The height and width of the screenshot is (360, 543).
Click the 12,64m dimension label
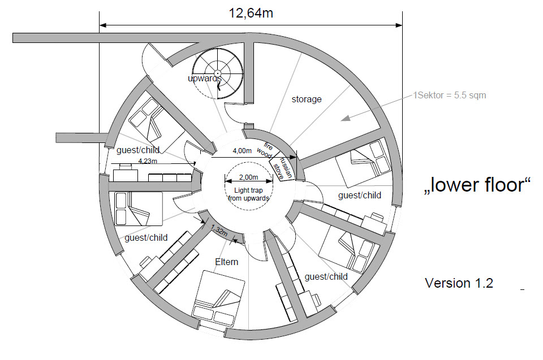(251, 13)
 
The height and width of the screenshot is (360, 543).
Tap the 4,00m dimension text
(242, 151)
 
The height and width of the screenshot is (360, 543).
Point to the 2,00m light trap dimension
(248, 177)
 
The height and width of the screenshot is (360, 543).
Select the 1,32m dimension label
(219, 230)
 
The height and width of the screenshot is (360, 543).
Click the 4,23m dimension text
(148, 161)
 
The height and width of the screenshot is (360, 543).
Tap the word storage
(307, 99)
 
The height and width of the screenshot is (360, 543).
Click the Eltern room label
(226, 262)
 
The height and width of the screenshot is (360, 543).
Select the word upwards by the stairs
(204, 79)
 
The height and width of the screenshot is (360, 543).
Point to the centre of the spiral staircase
(217, 73)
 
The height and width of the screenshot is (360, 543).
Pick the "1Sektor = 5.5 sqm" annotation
(450, 95)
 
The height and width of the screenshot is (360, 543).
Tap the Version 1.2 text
(459, 283)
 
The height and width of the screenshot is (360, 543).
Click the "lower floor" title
(477, 184)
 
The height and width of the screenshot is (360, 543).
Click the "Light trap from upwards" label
(248, 194)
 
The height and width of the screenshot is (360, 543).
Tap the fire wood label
(265, 150)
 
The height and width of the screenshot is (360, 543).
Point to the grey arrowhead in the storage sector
(346, 118)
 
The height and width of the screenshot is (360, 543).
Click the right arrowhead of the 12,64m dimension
(399, 25)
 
